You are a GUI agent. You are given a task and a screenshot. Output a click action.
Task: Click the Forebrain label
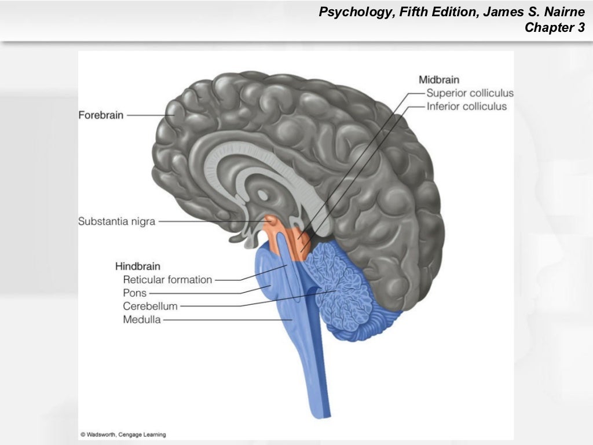[101, 115]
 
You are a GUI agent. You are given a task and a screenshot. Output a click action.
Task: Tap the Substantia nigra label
[116, 221]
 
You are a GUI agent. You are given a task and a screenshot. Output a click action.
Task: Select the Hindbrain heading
[137, 267]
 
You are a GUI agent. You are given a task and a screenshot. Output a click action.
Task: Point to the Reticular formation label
[167, 280]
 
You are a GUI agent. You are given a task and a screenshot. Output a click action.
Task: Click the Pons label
[135, 293]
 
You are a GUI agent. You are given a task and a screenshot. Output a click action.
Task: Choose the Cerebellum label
[150, 306]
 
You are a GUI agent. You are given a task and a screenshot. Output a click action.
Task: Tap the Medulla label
[142, 319]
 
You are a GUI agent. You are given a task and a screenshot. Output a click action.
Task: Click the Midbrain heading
[439, 80]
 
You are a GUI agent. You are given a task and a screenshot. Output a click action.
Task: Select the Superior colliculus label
[470, 93]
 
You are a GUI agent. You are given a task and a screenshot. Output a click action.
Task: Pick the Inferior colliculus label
[466, 107]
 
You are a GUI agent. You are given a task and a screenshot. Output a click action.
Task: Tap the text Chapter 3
[554, 27]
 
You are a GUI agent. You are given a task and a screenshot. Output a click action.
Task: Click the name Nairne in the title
[565, 12]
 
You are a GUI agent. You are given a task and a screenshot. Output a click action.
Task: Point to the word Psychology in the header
[354, 12]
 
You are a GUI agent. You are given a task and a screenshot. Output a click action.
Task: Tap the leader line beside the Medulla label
[226, 319]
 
